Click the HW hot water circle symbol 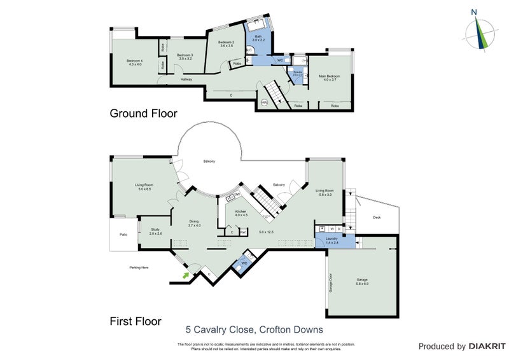pos(264,102)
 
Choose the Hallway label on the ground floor pos(186,80)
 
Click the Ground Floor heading pos(143,113)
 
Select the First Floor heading pos(136,321)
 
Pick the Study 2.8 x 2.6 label pos(155,232)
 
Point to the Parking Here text pos(139,268)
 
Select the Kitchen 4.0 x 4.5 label pos(241,212)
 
